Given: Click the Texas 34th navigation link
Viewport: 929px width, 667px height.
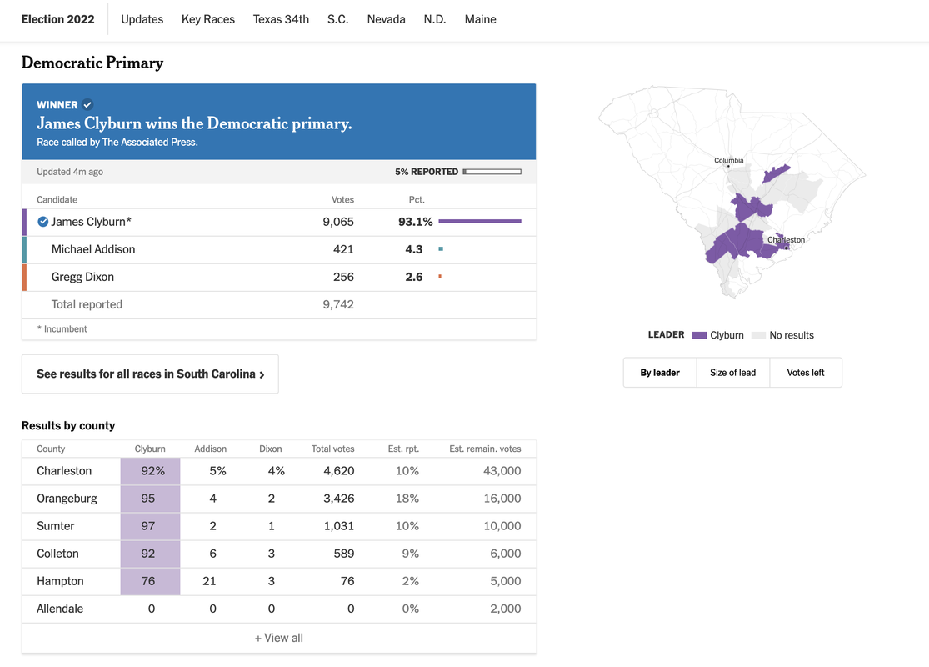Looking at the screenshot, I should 281,19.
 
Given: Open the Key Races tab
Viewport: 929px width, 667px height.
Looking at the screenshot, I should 208,19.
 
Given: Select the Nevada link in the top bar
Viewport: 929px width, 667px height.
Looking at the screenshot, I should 386,19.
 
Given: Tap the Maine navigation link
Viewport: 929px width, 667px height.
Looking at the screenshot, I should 480,19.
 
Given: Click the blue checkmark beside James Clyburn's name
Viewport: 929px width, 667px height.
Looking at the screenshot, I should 43,222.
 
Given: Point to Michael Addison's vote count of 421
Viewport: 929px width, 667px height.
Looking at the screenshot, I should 343,249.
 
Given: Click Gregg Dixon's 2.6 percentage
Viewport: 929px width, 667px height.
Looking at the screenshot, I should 414,277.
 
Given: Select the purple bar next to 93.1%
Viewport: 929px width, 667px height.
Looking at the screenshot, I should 479,222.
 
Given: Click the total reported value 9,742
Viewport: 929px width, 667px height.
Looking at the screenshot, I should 338,304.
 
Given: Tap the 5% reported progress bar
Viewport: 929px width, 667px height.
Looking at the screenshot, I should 492,172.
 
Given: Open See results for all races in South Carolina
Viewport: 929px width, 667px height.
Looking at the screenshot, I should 150,374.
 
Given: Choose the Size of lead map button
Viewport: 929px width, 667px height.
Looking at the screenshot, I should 732,373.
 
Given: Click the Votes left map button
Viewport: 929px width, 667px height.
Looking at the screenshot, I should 805,373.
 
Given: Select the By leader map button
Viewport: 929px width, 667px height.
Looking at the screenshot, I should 660,373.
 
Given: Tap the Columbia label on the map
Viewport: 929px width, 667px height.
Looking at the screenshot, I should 728,160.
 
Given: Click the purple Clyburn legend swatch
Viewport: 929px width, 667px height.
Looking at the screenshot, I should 699,335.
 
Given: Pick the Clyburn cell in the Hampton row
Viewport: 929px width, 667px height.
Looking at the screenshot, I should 149,581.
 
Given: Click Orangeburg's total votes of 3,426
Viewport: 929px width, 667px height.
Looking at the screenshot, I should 338,499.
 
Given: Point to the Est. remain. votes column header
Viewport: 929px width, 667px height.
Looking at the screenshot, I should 485,449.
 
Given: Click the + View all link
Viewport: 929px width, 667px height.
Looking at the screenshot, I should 278,638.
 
